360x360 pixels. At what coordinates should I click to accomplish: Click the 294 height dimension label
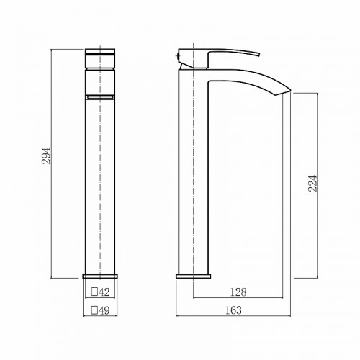[47, 156]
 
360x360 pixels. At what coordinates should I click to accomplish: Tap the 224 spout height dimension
[312, 184]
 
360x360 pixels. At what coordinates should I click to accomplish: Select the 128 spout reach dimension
[238, 292]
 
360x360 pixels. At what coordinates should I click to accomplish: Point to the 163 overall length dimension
[233, 310]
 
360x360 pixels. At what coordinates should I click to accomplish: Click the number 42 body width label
[104, 292]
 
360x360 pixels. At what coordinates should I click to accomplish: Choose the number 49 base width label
[104, 310]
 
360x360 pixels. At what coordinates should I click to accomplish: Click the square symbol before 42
[94, 292]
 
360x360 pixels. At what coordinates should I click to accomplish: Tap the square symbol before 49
[94, 310]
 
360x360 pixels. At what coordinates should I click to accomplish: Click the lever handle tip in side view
[259, 54]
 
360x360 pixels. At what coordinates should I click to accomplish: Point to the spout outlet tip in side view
[290, 91]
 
